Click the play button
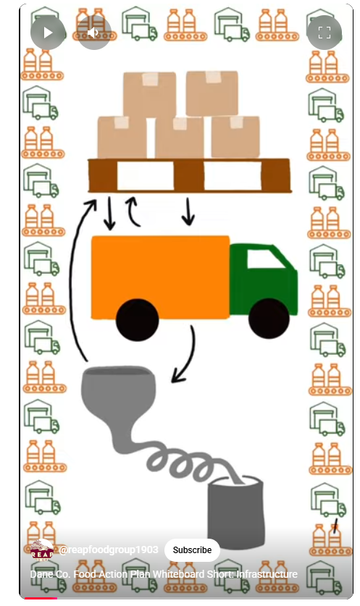pos(48,33)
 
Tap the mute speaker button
pos(94,33)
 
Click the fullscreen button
pos(324,33)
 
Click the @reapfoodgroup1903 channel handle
pos(109,550)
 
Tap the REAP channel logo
pos(42,550)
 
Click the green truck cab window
pos(265,258)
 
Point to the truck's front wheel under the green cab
pos(269,318)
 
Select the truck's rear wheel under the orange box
pos(138,319)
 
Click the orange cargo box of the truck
pos(160,277)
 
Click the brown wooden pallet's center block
pos(189,176)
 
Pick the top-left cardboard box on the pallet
pos(150,94)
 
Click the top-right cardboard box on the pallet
pos(212,93)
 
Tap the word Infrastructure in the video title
pos(267,574)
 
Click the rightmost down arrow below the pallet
pos(188,212)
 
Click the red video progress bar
pos(41,598)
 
